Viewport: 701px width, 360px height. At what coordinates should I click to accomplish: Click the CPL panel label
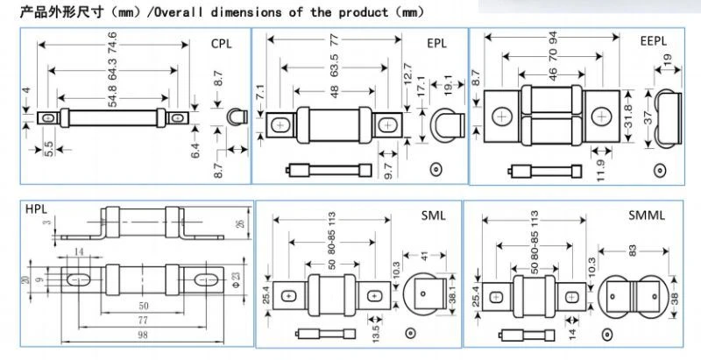pos(222,44)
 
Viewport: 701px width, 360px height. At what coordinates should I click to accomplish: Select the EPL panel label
pos(436,44)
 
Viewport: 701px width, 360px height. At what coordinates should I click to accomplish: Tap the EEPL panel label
pos(653,41)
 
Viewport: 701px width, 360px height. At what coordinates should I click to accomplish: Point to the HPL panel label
pos(36,208)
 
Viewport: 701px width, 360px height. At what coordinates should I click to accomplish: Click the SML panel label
pos(433,215)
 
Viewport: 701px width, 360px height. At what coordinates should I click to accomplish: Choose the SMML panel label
pos(647,215)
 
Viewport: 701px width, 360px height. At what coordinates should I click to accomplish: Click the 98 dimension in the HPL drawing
pos(143,335)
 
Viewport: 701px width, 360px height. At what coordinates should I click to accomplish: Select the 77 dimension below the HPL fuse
pos(143,320)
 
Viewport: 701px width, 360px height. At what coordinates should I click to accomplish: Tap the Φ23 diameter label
pos(235,279)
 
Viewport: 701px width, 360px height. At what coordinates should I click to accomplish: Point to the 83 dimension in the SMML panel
pos(633,251)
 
